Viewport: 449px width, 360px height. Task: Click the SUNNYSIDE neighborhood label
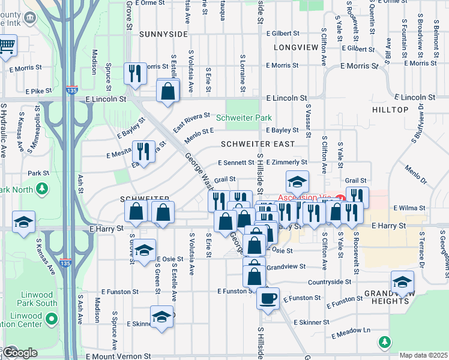point(160,35)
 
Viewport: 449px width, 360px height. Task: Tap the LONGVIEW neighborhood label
point(295,47)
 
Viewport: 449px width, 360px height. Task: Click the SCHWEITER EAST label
point(257,144)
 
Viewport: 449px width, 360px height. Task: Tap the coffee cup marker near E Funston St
point(268,298)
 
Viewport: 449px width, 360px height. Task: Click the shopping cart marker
point(7,46)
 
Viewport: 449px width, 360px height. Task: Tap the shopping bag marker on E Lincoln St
point(168,91)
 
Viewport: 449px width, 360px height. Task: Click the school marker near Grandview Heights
point(402,281)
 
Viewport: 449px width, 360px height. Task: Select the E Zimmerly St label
point(286,162)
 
